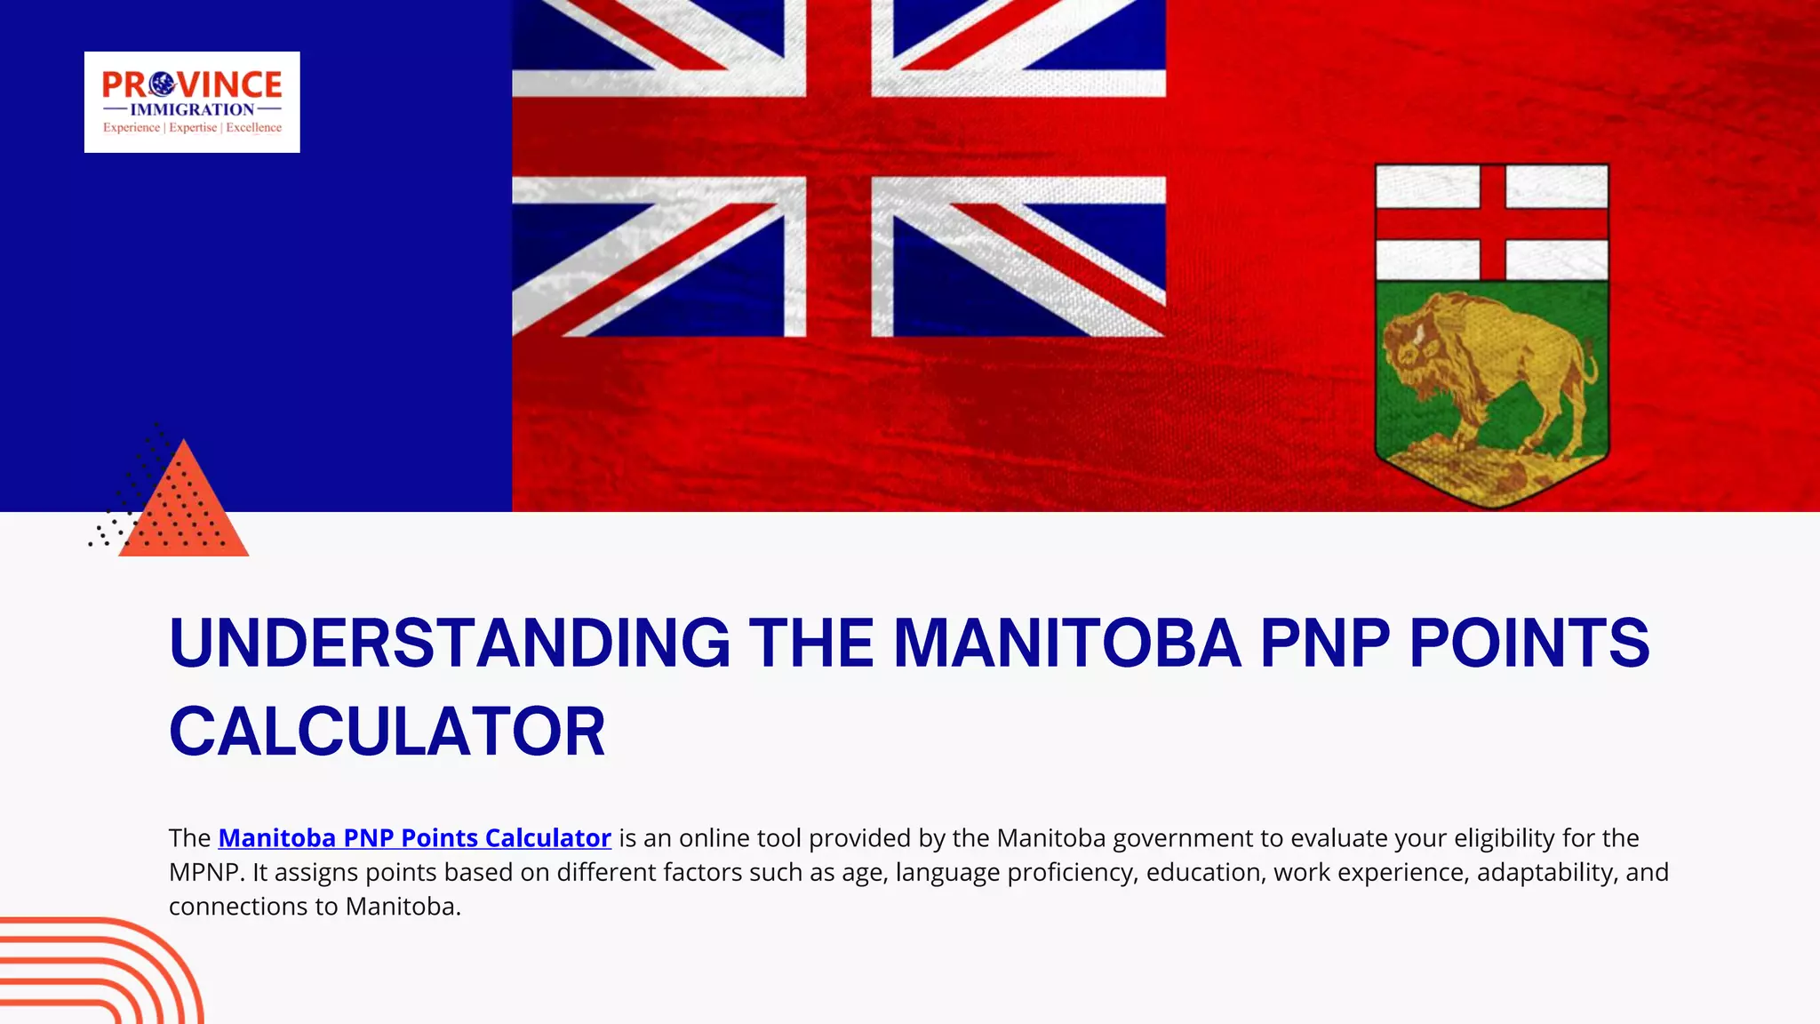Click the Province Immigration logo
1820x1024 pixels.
point(192,101)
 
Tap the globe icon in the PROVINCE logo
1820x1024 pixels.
point(162,84)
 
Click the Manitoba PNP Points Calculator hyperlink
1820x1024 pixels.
point(414,838)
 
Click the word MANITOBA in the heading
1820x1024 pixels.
point(1066,644)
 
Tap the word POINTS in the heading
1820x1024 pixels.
point(1529,644)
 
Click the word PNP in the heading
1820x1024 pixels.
point(1325,644)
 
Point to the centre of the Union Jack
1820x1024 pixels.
point(838,137)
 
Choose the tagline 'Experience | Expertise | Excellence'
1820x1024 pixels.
point(192,128)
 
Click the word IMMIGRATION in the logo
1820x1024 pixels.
point(192,109)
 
